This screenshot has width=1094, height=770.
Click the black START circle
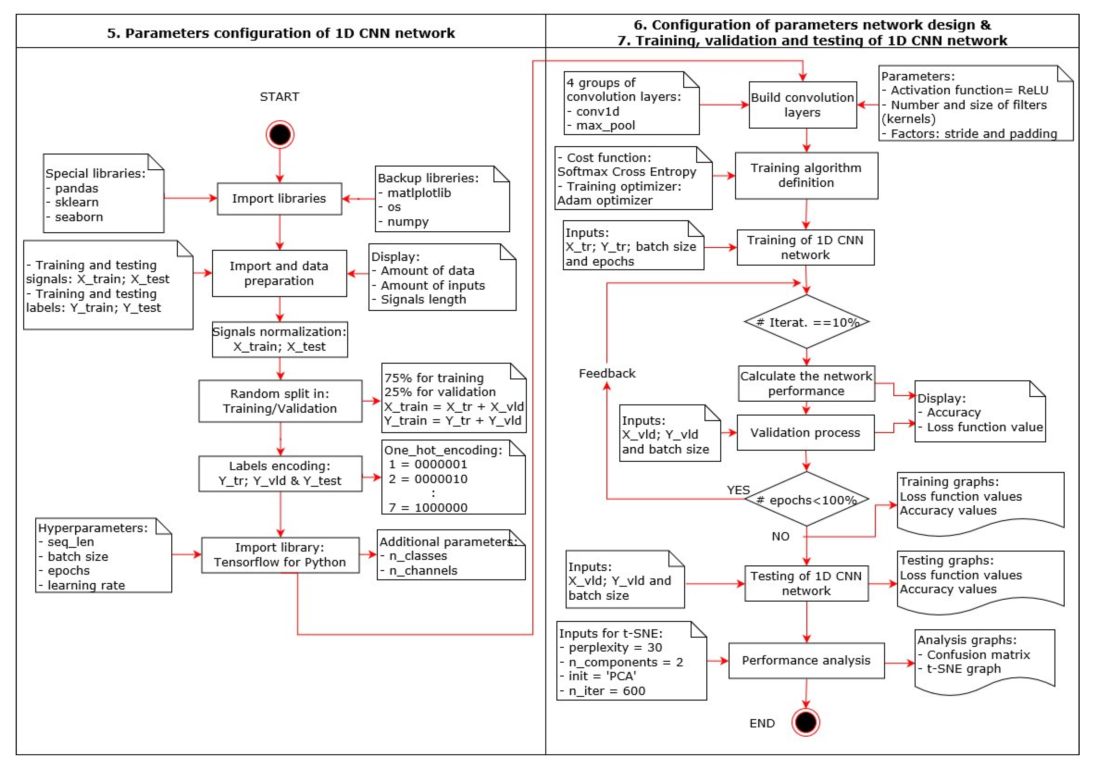[280, 134]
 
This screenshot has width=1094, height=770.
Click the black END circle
[805, 722]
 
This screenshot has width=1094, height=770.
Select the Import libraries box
[279, 198]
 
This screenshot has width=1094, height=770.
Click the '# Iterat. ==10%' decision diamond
[806, 322]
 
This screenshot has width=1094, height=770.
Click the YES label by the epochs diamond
[738, 490]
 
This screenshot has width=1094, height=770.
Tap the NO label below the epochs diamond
[780, 536]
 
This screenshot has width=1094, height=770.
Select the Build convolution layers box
[802, 105]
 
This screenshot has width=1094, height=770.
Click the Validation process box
[805, 433]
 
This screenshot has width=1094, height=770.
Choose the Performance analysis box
[806, 660]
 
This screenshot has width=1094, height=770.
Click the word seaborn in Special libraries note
[79, 217]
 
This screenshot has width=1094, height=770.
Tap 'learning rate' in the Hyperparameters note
[86, 585]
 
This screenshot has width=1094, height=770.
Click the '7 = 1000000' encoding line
[427, 507]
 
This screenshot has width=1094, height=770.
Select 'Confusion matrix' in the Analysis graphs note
[978, 655]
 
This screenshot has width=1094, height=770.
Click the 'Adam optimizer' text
[605, 200]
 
